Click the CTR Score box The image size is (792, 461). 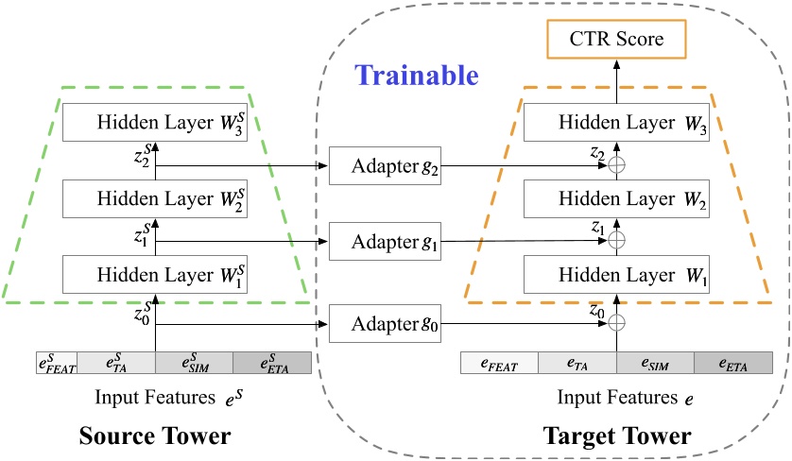click(x=616, y=40)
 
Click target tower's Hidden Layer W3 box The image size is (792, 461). click(x=616, y=124)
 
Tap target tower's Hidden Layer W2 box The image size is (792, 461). click(x=616, y=200)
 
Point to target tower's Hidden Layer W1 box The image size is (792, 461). click(x=616, y=274)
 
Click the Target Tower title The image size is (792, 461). click(x=617, y=437)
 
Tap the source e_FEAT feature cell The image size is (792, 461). click(x=54, y=363)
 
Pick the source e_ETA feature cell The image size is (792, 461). click(x=272, y=363)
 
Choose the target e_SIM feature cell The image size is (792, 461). click(x=655, y=364)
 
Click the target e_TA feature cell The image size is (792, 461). click(x=577, y=364)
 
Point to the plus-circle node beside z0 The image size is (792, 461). click(x=616, y=324)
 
